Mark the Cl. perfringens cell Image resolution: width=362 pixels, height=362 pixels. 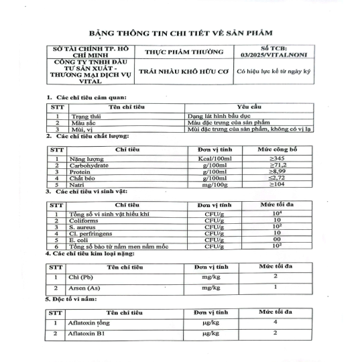(90, 233)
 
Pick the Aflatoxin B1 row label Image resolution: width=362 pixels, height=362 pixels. (86, 333)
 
